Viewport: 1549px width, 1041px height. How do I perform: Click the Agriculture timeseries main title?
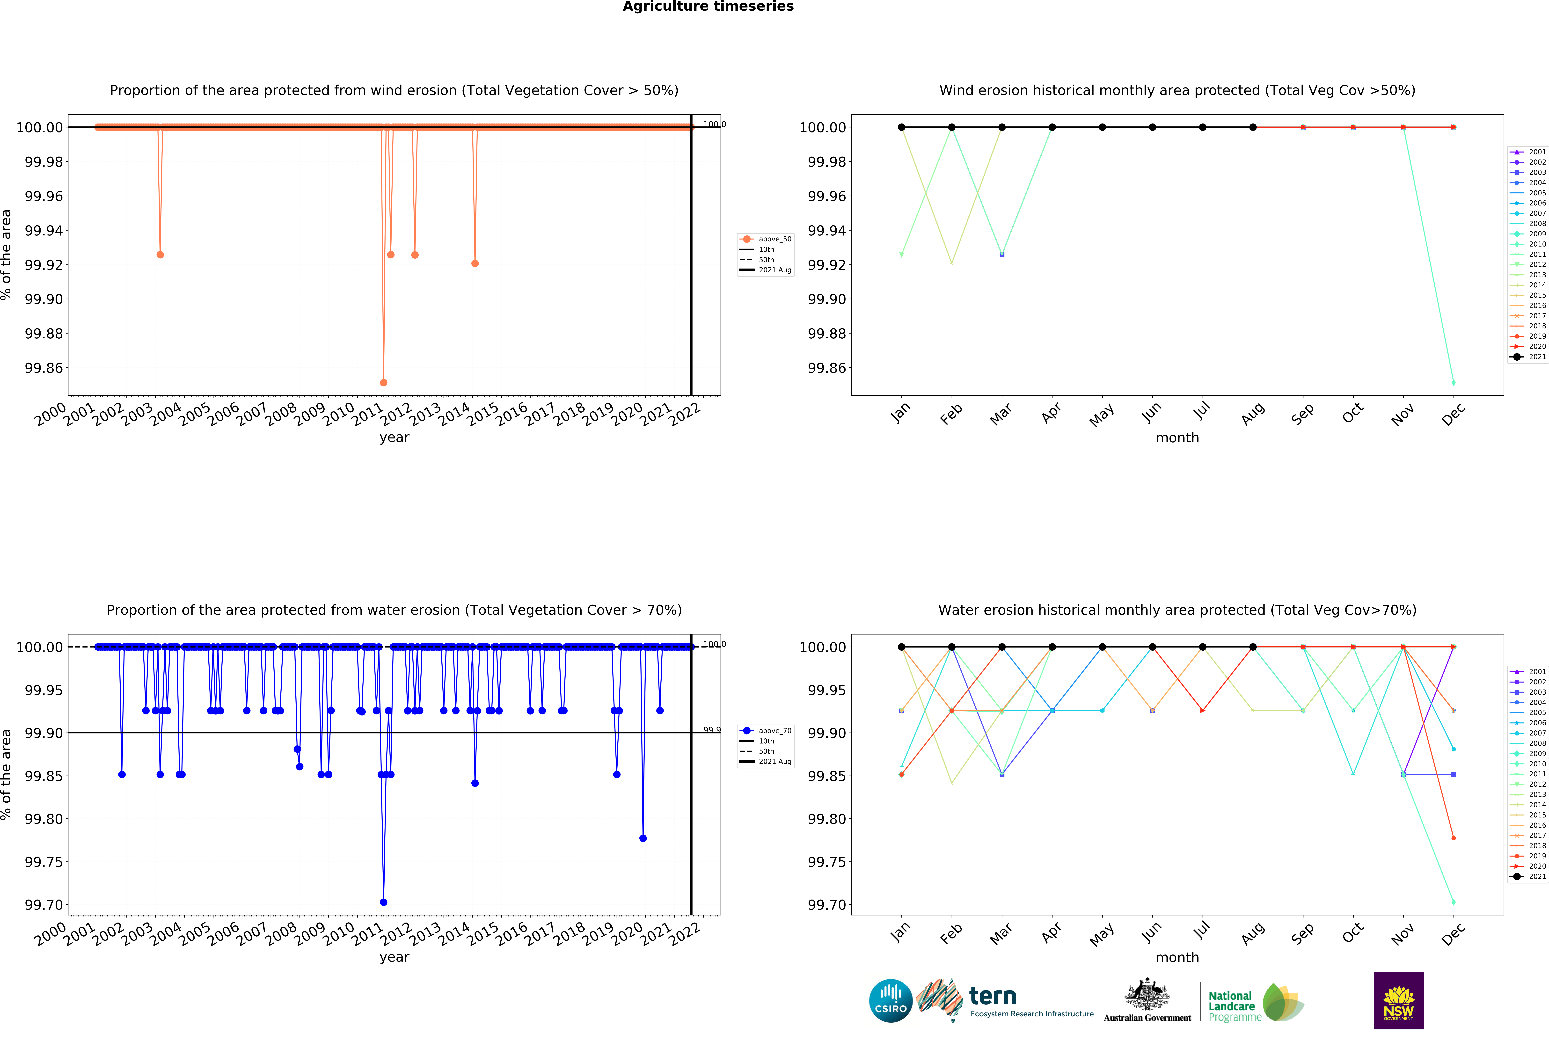pos(708,7)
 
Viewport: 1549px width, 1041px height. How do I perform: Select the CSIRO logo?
pos(890,1000)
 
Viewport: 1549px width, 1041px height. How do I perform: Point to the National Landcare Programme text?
pos(1234,1006)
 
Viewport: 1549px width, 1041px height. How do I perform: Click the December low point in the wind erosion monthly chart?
pos(1453,382)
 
